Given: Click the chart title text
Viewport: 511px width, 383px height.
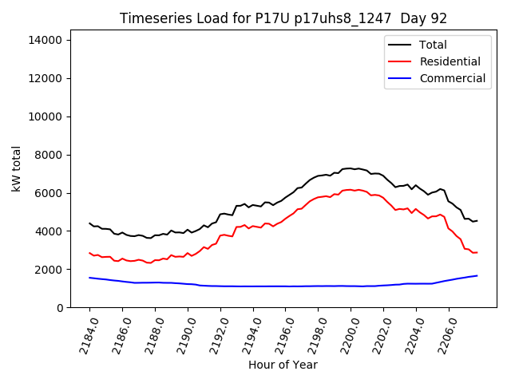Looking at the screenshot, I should (283, 18).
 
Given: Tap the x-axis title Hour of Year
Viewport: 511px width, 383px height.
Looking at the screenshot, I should (283, 365).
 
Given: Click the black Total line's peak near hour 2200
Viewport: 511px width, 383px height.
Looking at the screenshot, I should (351, 168).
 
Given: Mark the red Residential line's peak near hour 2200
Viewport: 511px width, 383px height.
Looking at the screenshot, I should (351, 189).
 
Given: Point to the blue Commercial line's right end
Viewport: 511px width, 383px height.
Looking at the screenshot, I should (477, 275).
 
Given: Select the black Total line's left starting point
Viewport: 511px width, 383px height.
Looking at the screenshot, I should (89, 223).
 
